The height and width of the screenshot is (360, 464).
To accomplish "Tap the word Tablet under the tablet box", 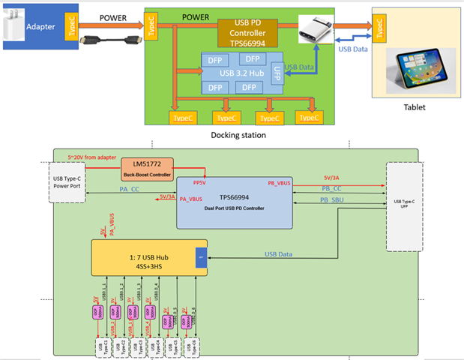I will [x=414, y=107].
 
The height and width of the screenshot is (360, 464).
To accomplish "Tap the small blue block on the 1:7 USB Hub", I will [x=200, y=257].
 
